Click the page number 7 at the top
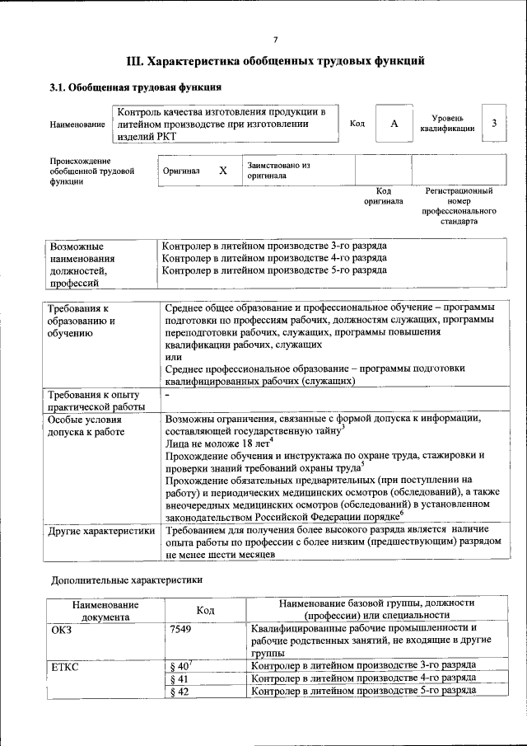[x=275, y=40]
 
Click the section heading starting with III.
[x=275, y=61]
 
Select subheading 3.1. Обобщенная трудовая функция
[x=135, y=87]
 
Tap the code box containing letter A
[x=394, y=123]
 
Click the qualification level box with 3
[x=494, y=123]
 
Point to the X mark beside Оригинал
[x=222, y=170]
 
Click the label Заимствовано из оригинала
[x=278, y=170]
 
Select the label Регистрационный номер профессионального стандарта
[x=459, y=206]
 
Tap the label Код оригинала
[x=383, y=195]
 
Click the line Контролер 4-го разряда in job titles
[x=273, y=257]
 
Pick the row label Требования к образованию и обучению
[x=82, y=321]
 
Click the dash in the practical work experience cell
[x=167, y=396]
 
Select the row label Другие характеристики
[x=101, y=531]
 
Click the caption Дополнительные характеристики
[x=127, y=579]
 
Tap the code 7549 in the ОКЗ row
[x=180, y=630]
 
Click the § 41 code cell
[x=179, y=678]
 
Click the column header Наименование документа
[x=105, y=610]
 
